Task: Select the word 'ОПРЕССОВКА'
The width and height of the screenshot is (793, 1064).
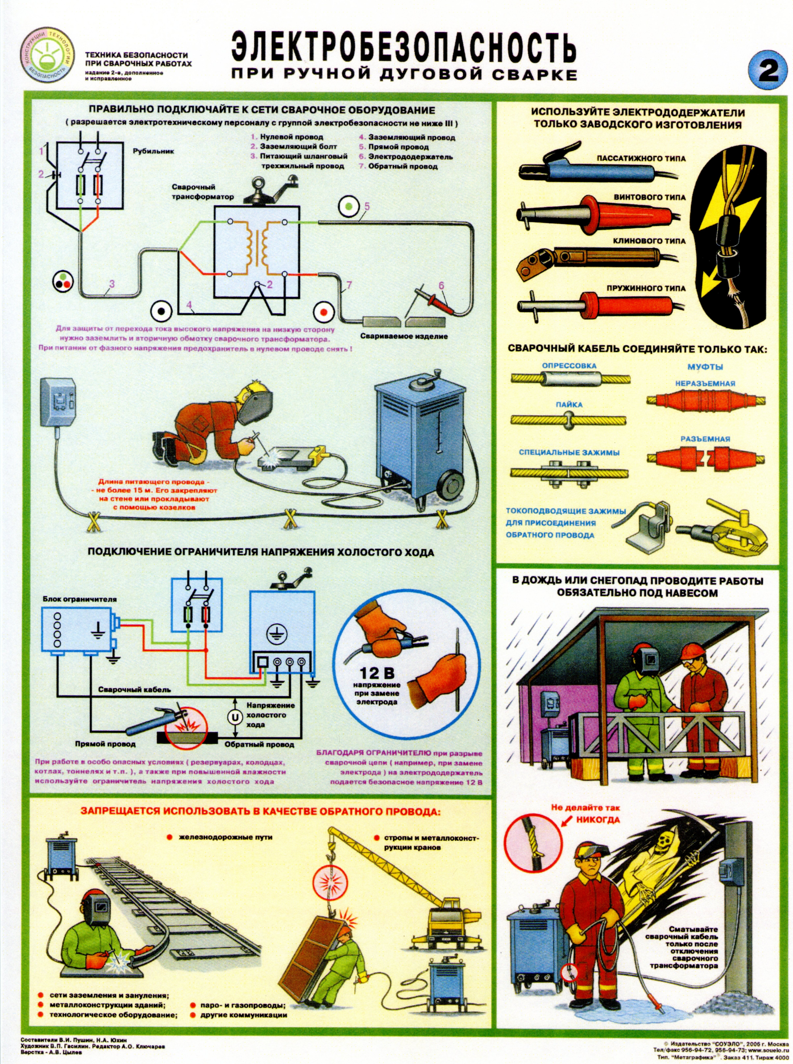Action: point(569,366)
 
